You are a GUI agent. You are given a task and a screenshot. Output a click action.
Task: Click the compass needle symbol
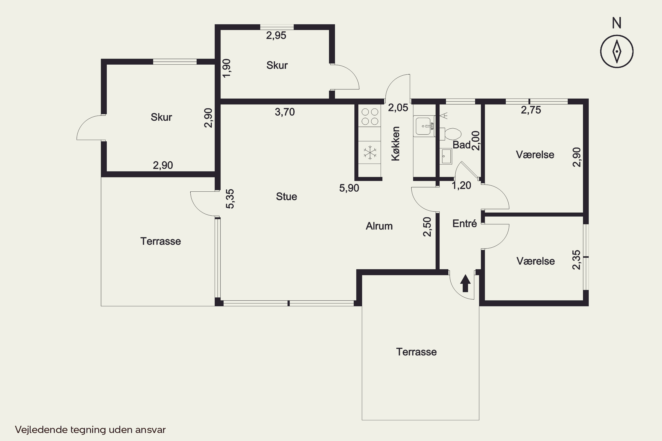(617, 51)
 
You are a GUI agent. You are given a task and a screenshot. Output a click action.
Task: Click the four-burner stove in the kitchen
(370, 116)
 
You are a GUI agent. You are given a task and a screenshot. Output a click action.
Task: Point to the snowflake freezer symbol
(370, 153)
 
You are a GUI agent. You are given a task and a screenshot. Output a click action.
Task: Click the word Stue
(286, 197)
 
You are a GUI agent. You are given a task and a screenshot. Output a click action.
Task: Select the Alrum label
(379, 226)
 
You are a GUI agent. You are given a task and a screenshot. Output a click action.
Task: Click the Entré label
(465, 223)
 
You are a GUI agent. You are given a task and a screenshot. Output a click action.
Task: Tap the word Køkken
(396, 144)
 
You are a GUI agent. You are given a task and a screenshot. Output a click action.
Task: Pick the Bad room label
(462, 145)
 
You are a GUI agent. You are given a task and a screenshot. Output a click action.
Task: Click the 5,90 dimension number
(349, 188)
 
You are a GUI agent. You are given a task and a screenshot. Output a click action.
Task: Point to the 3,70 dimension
(285, 112)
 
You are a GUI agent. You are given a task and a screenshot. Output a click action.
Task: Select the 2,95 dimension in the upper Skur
(276, 36)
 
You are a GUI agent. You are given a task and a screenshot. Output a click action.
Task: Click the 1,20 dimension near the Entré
(462, 185)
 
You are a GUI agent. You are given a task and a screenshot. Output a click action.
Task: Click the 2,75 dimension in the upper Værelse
(531, 110)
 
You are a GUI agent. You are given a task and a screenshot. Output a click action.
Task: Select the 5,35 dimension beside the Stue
(230, 199)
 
